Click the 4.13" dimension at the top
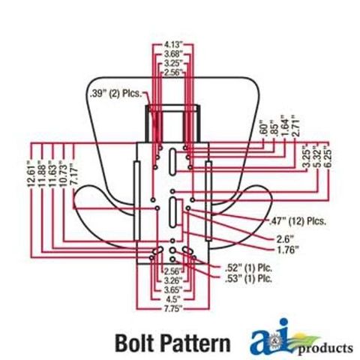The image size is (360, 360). (172, 45)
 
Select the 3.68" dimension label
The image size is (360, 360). (172, 54)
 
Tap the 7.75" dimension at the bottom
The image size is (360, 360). (172, 308)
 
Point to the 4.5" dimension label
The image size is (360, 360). (172, 299)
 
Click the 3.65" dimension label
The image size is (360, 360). (172, 289)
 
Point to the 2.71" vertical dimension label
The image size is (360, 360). (295, 125)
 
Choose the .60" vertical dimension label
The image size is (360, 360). (264, 129)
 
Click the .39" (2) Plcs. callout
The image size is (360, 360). (116, 94)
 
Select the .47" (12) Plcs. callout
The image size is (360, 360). (298, 221)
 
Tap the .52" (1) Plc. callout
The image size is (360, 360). (248, 268)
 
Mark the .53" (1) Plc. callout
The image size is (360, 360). (248, 278)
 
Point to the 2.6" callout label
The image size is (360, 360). (285, 239)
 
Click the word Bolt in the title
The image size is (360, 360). (133, 343)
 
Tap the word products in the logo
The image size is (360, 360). (325, 349)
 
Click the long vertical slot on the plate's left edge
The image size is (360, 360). (136, 201)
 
